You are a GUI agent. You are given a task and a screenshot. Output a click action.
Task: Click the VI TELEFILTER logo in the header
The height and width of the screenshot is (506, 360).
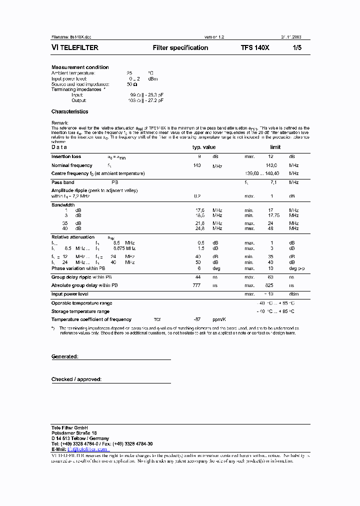tap(75, 48)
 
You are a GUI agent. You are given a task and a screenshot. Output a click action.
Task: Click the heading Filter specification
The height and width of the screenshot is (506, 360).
tap(180, 48)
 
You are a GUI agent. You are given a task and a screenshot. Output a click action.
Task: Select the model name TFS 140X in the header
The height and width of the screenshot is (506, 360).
tap(255, 48)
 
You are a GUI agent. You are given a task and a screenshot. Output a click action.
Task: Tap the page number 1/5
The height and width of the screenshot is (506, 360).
tap(297, 48)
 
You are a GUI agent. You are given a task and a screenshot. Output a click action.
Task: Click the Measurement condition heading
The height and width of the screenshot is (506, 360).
tap(80, 67)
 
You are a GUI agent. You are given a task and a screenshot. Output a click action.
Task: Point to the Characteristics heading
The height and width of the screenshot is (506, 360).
tap(69, 112)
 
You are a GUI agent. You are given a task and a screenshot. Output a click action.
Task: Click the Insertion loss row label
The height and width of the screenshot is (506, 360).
tap(66, 157)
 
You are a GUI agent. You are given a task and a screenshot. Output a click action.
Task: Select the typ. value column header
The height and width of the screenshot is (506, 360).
tap(204, 147)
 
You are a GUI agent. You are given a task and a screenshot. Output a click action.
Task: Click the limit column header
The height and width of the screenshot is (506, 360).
tap(275, 147)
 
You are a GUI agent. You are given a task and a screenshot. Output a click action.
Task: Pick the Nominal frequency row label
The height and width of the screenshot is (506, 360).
tap(71, 165)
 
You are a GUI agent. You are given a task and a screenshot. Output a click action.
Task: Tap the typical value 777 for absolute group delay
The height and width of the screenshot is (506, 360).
tap(196, 285)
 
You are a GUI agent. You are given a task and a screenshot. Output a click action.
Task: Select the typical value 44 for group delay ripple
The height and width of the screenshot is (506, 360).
tap(197, 277)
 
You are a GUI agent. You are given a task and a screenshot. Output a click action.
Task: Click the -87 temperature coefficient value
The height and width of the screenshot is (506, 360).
tap(196, 319)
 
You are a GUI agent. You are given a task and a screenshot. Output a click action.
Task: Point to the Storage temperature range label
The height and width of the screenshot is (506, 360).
tap(80, 311)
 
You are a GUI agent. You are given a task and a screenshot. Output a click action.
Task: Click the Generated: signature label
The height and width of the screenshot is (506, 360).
tap(64, 357)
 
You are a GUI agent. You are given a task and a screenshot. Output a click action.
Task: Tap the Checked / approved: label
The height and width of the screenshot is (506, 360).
tap(76, 379)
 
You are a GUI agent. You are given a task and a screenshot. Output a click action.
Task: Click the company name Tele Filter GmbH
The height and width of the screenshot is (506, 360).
tap(69, 428)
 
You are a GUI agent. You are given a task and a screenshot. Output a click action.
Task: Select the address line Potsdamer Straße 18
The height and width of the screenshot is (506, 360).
tap(74, 433)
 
